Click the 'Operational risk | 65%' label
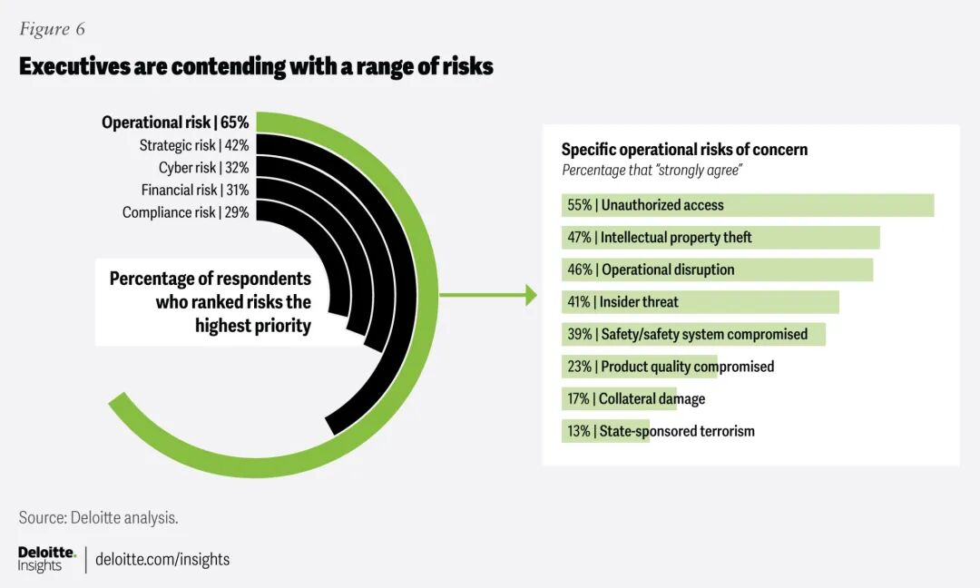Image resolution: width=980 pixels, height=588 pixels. pos(174,122)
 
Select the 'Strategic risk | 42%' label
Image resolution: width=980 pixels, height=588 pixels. pos(193,145)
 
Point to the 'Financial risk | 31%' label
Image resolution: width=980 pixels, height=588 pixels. pos(194,190)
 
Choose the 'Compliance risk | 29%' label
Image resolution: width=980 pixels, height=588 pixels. pos(185,212)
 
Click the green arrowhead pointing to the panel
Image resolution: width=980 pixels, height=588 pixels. pos(531,294)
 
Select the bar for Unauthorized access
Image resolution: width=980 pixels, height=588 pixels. pos(747,205)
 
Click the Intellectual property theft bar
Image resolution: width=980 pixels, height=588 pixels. pos(720,238)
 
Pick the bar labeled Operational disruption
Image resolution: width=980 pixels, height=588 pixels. pos(716,269)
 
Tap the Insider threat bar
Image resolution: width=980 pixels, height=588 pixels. pos(700,302)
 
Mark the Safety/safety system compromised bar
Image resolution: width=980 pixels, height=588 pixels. pos(693,334)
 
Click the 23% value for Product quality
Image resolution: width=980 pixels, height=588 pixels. pos(578,367)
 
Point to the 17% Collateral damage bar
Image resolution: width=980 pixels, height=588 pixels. pos(618,399)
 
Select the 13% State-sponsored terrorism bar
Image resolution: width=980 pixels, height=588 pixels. pos(604,431)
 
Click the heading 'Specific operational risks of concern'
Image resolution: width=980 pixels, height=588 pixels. pos(684,150)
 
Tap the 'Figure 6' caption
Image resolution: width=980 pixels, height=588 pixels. pos(52,29)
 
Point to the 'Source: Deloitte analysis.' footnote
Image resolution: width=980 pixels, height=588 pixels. pos(98,517)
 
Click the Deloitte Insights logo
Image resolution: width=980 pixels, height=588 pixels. pos(46,559)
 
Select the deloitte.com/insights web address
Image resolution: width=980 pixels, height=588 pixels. pos(162,559)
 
